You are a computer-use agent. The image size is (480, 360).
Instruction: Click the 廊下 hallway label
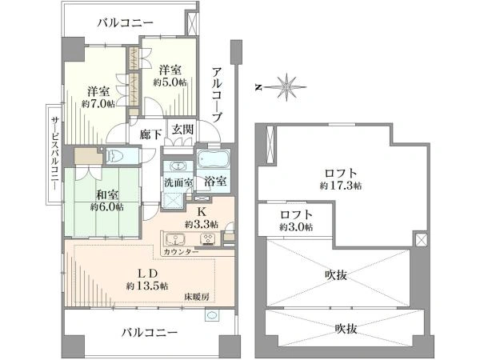[151, 134]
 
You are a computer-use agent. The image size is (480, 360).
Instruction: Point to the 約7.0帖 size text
[98, 104]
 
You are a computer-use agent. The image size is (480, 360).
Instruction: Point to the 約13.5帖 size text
[146, 286]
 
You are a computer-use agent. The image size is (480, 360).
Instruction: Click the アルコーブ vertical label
[217, 94]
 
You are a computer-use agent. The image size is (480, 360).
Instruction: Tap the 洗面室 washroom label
[178, 182]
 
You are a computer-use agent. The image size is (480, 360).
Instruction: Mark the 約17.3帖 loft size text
[339, 185]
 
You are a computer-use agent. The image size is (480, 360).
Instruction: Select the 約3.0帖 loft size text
[296, 227]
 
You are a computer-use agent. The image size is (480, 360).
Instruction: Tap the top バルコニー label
[121, 23]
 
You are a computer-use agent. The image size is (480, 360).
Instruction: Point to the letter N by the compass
[258, 85]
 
